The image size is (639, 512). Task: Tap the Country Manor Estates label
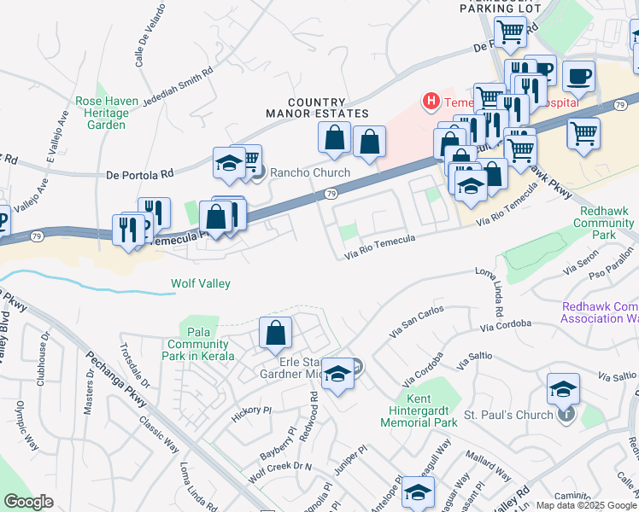[317, 108]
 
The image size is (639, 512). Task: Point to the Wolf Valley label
[202, 283]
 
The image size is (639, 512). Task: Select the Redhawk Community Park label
[606, 223]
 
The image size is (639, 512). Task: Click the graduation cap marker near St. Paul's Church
[563, 389]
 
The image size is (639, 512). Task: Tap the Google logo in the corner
[29, 502]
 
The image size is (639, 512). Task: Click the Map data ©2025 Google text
[585, 504]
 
